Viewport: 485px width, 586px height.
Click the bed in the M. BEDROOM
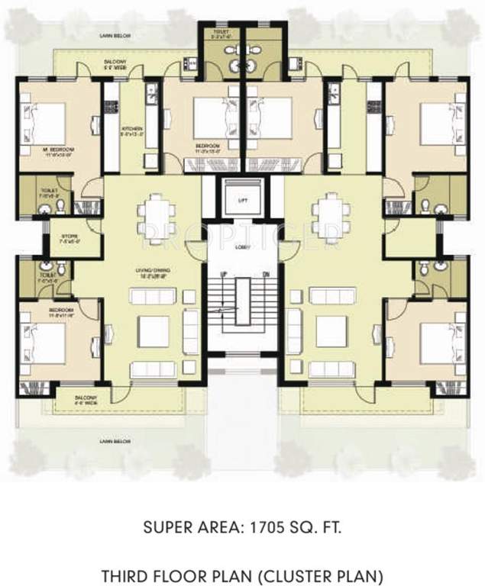50,118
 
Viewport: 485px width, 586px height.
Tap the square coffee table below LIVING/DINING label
153,331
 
